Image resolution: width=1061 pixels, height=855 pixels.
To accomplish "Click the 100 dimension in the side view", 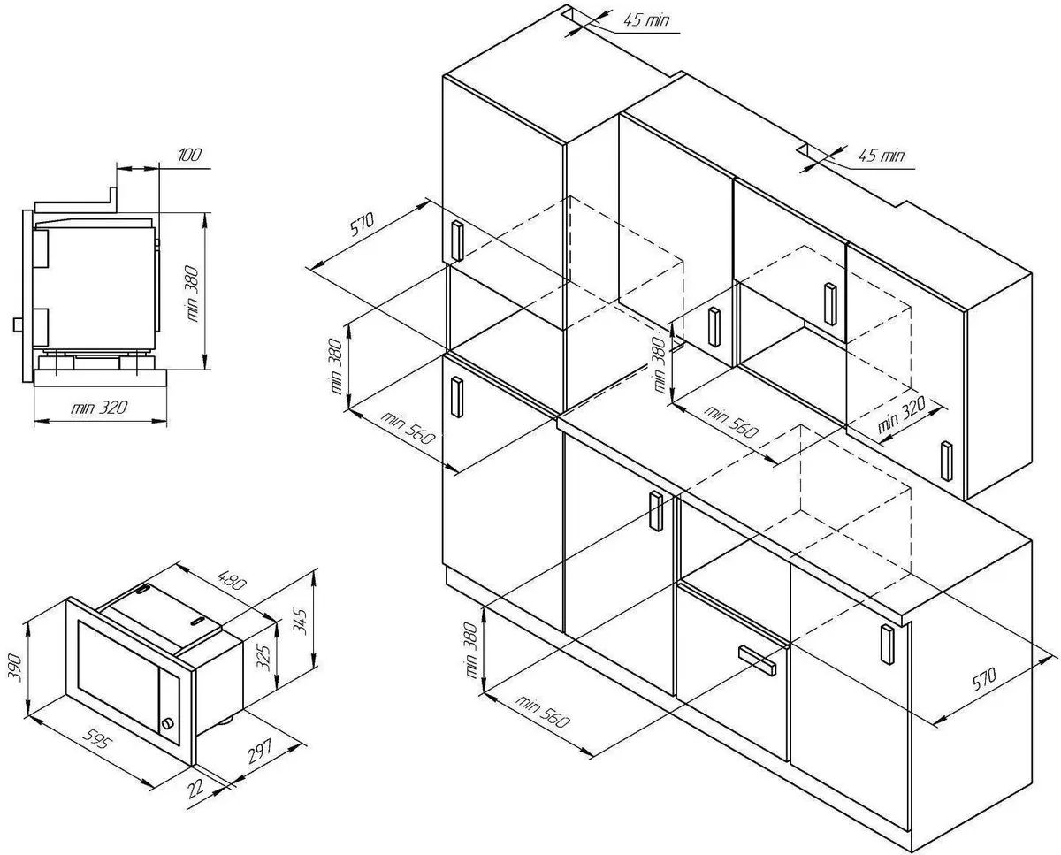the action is (189, 155).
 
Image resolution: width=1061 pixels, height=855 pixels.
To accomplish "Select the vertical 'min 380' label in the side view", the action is (193, 294).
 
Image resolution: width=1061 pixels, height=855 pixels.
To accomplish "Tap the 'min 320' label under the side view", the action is (99, 408).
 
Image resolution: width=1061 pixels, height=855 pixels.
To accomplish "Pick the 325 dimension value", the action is (264, 657).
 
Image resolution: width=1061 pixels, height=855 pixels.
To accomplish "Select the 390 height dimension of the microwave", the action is (15, 668).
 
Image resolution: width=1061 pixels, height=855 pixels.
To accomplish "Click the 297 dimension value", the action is (259, 751).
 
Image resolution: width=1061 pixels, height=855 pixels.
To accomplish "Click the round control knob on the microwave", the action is (168, 723).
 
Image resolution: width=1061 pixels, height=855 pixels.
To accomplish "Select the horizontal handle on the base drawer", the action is (757, 660).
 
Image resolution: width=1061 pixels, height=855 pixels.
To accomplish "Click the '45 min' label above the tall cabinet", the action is (646, 20).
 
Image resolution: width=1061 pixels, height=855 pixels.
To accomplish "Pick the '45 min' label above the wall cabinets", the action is (882, 156).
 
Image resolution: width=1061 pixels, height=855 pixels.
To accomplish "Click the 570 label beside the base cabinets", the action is (984, 678).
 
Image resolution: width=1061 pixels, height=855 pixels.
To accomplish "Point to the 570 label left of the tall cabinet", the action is (363, 224).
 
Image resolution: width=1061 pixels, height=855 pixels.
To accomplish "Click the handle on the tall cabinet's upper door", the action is (457, 240).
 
